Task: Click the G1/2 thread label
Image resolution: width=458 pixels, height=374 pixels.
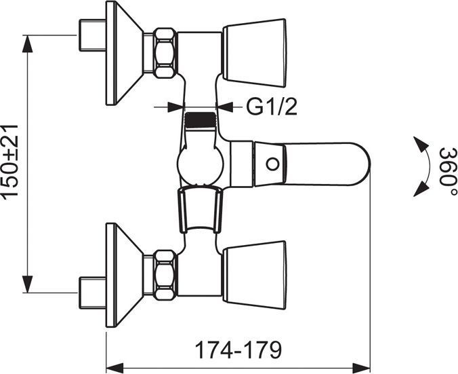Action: pos(272,107)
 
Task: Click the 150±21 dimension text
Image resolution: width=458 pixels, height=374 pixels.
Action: pos(10,162)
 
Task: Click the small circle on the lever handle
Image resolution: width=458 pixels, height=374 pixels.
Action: pos(272,164)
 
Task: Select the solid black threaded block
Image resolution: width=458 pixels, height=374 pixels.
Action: pos(200,120)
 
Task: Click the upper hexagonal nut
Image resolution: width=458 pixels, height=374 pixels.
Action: pos(165,53)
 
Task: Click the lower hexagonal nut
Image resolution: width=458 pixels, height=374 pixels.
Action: pos(165,274)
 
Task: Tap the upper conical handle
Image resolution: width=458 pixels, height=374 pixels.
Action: pos(255,53)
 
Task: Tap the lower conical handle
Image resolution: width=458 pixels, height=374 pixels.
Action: pos(255,275)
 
